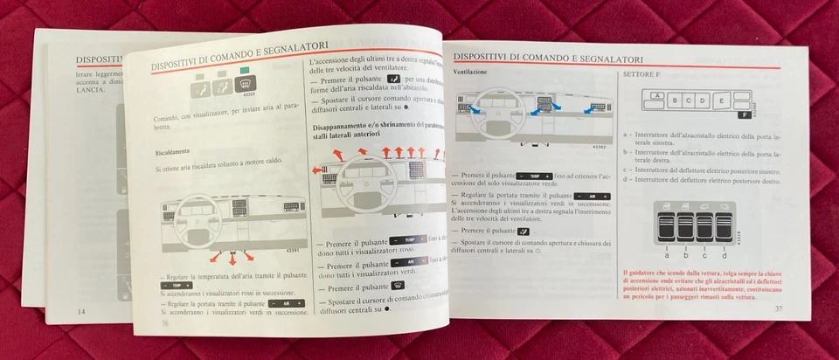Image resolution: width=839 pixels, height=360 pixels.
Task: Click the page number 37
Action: click(778, 308)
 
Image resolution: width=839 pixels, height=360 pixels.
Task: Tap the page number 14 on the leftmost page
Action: click(81, 311)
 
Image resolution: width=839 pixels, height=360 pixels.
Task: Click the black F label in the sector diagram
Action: click(743, 114)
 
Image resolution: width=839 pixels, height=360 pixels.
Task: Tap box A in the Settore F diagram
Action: click(655, 93)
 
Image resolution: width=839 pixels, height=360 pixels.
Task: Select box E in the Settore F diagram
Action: click(720, 100)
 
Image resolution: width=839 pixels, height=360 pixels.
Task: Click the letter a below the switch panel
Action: click(667, 255)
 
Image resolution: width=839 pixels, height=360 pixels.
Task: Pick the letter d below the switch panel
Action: click(725, 255)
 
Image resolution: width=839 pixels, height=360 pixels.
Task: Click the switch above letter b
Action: click(686, 226)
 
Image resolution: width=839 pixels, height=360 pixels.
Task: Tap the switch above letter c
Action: click(705, 226)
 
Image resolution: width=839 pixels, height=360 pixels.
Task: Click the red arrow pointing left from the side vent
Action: click(316, 170)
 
